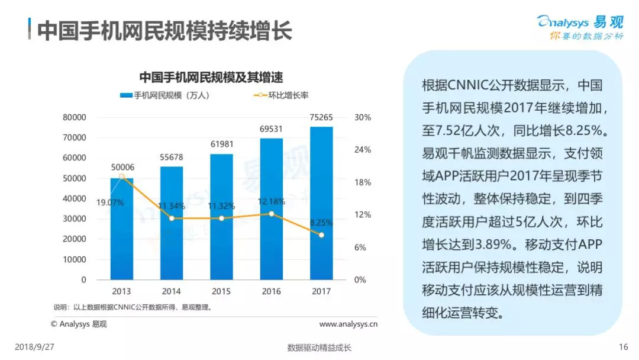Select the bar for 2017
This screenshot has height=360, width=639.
[x=321, y=207]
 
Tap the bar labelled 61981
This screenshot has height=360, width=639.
[x=221, y=219]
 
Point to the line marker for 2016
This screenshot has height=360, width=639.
[x=272, y=214]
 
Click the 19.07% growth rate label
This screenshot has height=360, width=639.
[x=111, y=202]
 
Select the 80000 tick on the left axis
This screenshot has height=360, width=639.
[x=75, y=117]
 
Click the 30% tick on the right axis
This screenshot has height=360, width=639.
[x=363, y=117]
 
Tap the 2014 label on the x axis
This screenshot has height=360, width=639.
[x=172, y=291]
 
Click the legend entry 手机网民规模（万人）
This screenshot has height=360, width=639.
[x=165, y=95]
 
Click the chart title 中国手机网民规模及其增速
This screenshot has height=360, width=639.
[x=211, y=77]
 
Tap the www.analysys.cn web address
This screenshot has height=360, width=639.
[x=348, y=324]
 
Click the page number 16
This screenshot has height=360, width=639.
[x=622, y=347]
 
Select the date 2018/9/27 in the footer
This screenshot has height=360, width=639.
[x=34, y=347]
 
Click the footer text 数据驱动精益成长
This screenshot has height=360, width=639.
[x=319, y=348]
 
